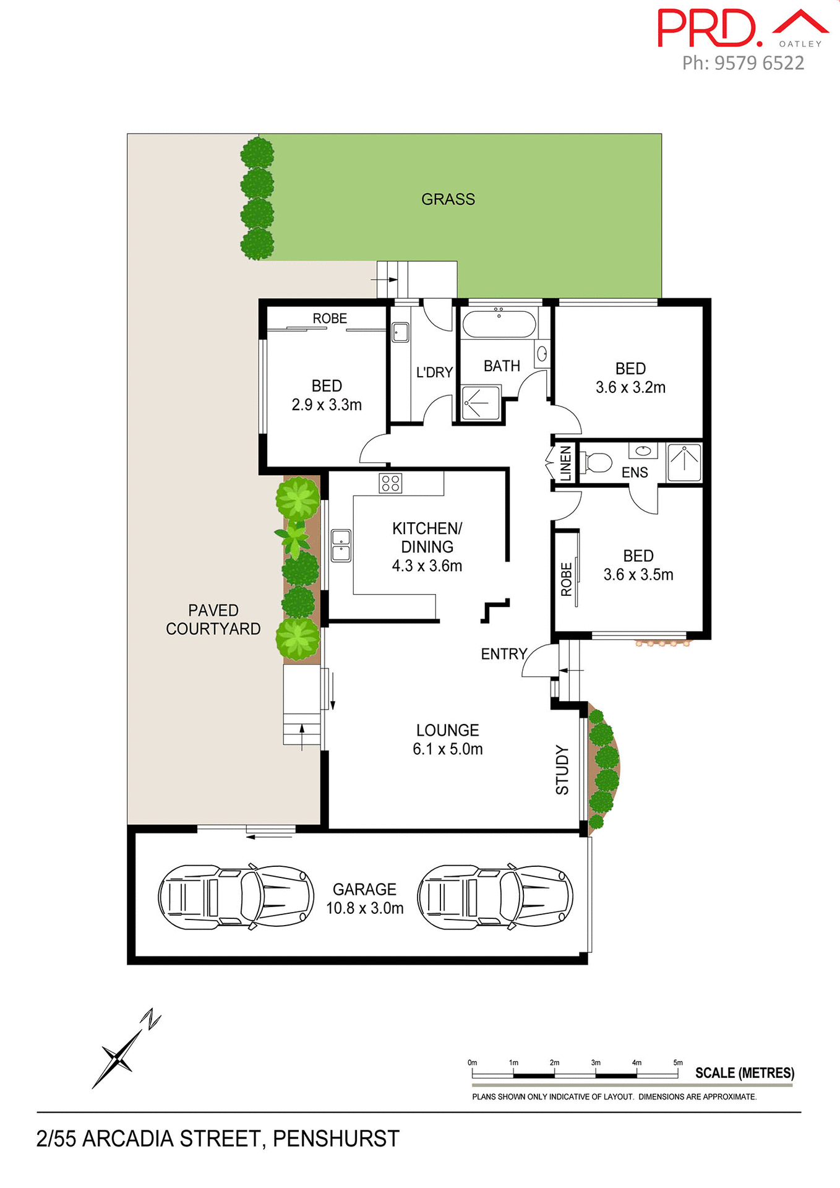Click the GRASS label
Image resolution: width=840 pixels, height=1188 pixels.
448,199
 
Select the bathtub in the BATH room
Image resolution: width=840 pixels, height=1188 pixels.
499,324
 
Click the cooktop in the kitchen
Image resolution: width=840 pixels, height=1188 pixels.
390,483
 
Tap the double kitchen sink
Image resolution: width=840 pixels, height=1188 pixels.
341,545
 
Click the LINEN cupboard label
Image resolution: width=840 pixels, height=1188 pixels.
565,463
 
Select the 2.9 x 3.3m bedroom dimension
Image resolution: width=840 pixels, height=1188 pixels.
327,405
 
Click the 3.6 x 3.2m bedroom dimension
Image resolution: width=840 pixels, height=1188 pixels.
630,387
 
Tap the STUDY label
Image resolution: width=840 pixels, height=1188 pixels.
562,770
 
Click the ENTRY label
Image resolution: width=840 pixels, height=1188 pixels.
504,654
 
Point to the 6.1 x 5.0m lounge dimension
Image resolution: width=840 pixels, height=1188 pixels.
447,749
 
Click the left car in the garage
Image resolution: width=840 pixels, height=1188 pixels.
236,897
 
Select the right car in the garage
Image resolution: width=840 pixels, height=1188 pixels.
495,897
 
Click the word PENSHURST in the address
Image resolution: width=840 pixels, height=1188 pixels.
336,1139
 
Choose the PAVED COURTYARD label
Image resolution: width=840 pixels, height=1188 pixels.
213,619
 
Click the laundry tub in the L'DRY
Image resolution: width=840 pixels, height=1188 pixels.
400,332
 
